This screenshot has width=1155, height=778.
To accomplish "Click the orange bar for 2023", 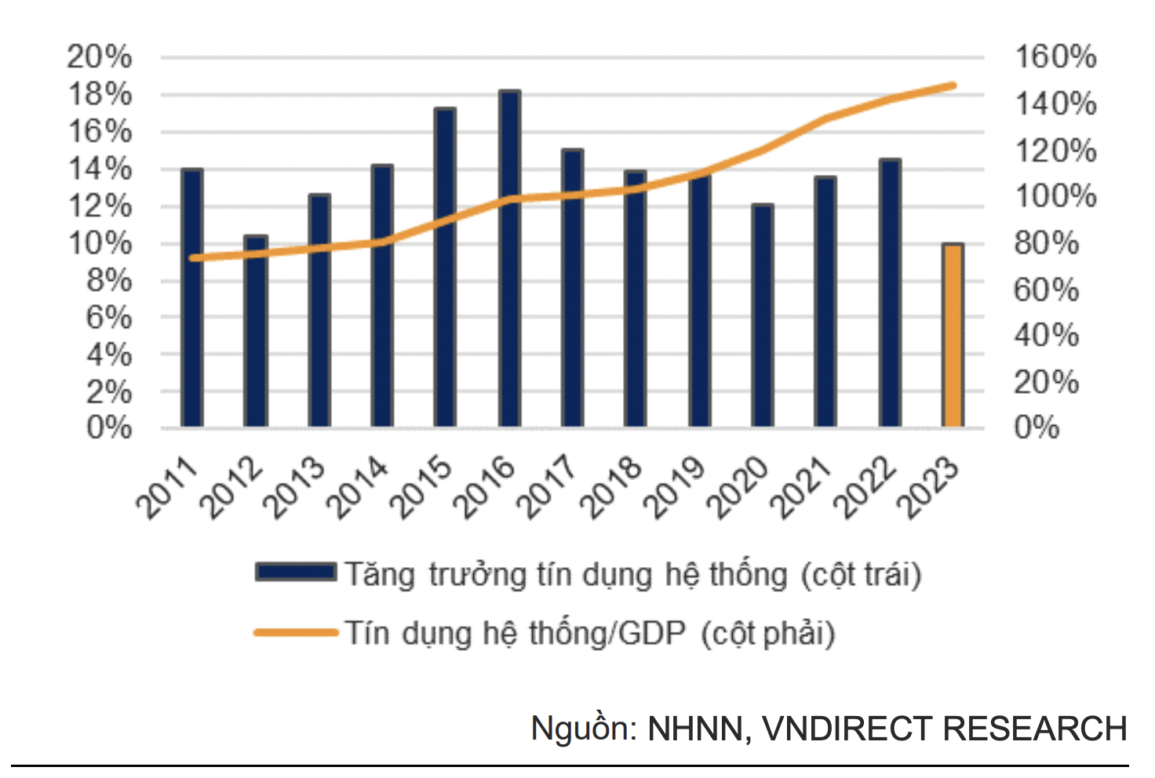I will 953,336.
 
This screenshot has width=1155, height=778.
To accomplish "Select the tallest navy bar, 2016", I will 509,259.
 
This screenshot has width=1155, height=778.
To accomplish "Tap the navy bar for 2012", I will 256,331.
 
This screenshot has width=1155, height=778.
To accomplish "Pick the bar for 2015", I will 445,267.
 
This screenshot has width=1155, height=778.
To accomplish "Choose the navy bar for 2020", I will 762,315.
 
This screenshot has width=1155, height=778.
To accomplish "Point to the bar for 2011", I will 192,298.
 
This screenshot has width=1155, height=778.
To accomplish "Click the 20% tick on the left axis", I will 100,57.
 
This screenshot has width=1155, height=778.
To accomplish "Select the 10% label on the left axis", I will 100,243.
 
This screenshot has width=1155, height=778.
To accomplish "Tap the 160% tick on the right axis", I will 1055,57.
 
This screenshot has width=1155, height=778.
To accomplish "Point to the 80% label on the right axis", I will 1047,243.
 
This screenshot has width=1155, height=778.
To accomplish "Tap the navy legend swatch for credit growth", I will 296,572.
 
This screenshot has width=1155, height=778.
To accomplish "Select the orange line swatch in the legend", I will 296,632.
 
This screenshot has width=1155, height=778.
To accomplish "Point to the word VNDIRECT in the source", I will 847,729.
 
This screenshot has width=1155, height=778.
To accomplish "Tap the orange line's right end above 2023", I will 953,85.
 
